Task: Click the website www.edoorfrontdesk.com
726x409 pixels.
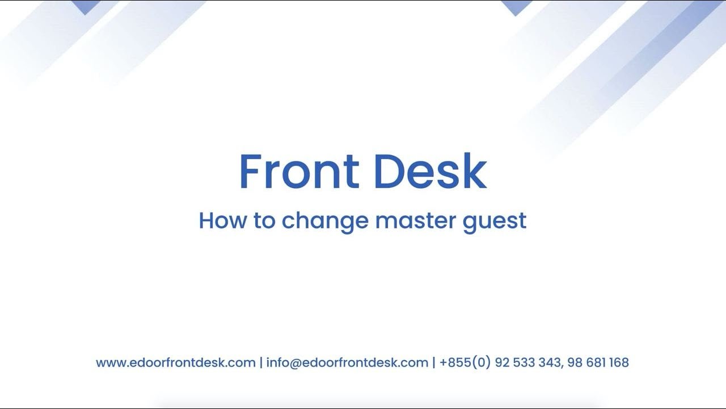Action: (x=176, y=362)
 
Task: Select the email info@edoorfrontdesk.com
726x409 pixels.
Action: (x=347, y=362)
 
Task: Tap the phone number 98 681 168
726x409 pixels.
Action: (x=598, y=362)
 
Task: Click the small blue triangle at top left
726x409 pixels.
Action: (x=86, y=7)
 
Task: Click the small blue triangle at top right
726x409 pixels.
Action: (x=516, y=7)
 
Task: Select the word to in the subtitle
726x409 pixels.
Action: (x=264, y=220)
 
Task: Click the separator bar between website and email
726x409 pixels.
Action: (x=261, y=362)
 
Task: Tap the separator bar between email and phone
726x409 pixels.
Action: (x=434, y=362)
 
